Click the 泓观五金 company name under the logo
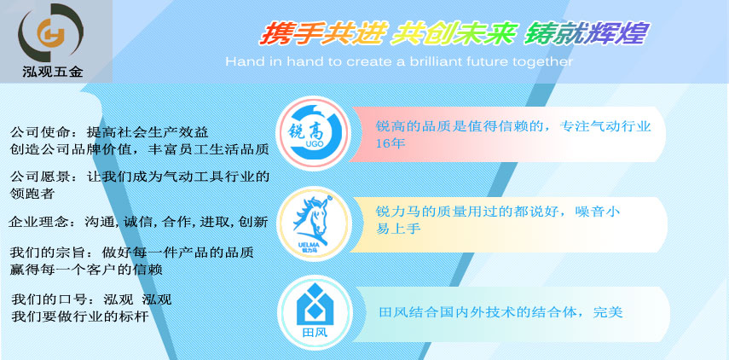[x=53, y=72]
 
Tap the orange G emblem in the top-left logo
[x=50, y=34]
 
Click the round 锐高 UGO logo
[x=312, y=133]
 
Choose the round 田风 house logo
[x=314, y=312]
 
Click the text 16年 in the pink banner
[x=391, y=142]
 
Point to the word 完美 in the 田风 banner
[x=608, y=312]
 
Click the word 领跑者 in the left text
[x=32, y=194]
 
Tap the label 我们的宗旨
[x=47, y=253]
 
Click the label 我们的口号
[x=48, y=299]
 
